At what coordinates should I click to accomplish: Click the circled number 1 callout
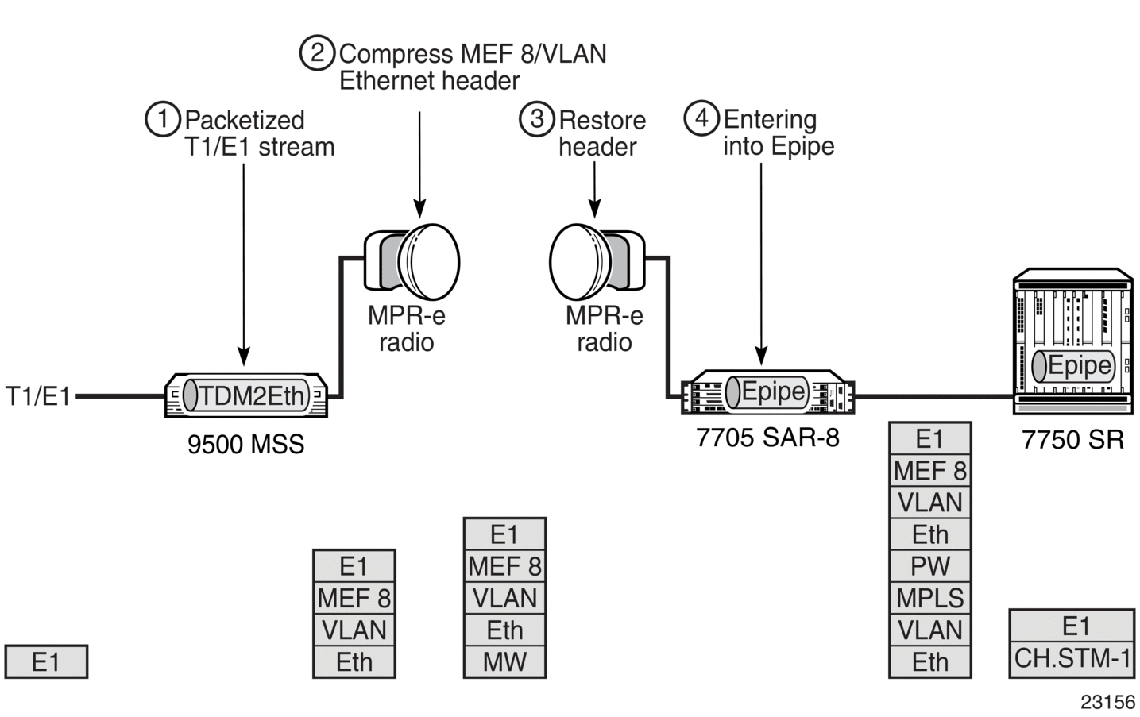163,118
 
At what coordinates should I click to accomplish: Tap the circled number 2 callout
317,52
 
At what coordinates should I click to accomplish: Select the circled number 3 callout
537,119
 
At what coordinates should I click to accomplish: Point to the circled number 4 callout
701,118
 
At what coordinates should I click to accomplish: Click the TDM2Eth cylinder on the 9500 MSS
246,395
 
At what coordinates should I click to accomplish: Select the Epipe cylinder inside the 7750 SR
1073,365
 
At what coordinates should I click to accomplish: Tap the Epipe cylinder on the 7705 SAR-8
767,392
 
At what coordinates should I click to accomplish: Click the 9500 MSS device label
245,444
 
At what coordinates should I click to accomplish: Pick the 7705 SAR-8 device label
767,438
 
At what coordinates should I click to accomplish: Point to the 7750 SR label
1072,440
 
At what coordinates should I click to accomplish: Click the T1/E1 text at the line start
37,395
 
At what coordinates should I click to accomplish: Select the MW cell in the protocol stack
505,662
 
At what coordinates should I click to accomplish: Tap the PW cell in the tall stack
930,566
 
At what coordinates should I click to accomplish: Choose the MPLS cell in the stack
930,598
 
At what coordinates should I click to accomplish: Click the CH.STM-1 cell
1072,659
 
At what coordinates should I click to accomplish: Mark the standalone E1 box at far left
46,661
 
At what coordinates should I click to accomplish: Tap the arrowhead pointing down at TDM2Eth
244,357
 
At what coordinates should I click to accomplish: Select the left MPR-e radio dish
412,263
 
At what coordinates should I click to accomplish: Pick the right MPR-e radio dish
597,263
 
